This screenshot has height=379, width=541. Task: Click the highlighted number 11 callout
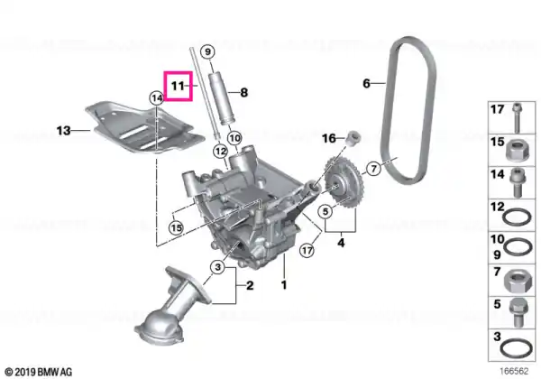point(178,86)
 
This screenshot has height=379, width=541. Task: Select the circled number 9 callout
point(207,52)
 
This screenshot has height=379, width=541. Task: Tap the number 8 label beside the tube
point(244,93)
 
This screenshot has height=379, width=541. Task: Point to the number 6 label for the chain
point(366,83)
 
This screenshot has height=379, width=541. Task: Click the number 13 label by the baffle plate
point(63,131)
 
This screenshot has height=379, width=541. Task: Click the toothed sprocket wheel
point(343,183)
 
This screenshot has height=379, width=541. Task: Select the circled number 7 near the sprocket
point(373,169)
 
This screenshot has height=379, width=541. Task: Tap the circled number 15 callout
point(176,227)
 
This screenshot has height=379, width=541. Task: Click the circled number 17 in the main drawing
point(307,250)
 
